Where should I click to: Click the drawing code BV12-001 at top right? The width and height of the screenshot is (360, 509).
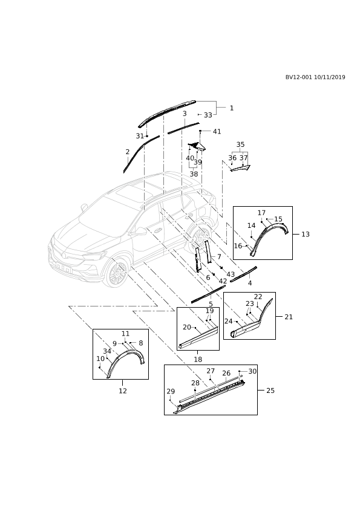pos(299,77)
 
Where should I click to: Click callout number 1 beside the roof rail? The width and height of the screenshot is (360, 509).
pos(232,108)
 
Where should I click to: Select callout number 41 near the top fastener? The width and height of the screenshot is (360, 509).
pos(217,131)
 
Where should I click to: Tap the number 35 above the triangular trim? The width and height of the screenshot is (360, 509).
pos(240,144)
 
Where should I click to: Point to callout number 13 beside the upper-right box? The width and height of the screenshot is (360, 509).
pos(306,234)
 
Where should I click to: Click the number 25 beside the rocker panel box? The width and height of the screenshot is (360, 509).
pos(270,391)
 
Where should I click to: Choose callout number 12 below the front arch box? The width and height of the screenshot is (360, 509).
pos(122,391)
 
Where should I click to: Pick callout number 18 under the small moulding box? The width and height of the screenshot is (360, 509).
pos(198,359)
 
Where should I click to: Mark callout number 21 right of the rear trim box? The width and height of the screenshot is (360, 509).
pos(289,317)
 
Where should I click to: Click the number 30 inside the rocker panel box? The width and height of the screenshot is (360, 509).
pos(252,371)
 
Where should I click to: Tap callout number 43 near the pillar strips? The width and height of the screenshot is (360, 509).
pos(231,274)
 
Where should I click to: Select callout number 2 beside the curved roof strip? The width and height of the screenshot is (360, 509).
pos(128,152)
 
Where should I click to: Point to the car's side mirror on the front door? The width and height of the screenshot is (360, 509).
pos(140,231)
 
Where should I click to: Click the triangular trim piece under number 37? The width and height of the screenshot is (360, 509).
pos(241,168)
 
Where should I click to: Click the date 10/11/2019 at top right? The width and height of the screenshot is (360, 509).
pos(330,77)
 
